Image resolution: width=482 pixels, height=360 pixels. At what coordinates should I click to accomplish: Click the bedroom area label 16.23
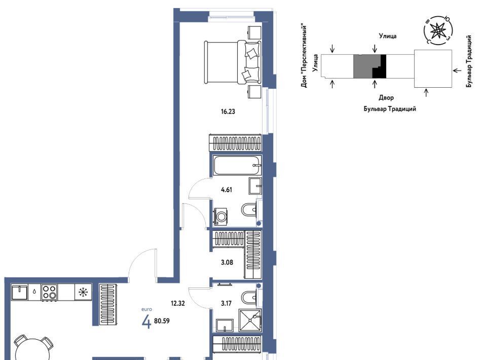coord(228,112)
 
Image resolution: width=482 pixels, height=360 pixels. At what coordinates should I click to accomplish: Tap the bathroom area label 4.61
coord(227,190)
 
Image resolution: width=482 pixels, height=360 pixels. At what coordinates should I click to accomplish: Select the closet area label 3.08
coord(227,262)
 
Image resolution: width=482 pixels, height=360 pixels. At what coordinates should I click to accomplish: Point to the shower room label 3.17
coord(226,303)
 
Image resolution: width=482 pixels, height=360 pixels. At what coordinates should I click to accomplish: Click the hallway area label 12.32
coord(178,303)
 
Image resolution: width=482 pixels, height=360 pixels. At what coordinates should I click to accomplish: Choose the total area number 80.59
coord(162,321)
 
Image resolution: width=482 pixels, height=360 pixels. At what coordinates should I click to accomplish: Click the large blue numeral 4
coord(146,322)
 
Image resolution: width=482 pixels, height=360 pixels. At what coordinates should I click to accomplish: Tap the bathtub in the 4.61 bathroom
coord(237,165)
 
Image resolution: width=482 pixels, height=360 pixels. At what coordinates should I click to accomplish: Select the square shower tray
coord(250,320)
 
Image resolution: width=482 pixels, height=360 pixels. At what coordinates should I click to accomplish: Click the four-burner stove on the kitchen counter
coord(49,292)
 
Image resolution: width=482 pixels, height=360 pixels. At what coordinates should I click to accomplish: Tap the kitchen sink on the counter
coord(20,292)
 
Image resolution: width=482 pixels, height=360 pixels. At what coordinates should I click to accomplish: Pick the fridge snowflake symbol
coord(83,292)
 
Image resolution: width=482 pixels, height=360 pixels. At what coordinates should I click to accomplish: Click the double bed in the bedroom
coord(233,62)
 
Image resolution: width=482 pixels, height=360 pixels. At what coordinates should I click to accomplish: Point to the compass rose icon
coord(438,30)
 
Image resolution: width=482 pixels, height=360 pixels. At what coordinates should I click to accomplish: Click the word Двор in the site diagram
coord(386,98)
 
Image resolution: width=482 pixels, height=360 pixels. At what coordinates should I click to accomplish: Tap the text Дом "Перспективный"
coord(304,56)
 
